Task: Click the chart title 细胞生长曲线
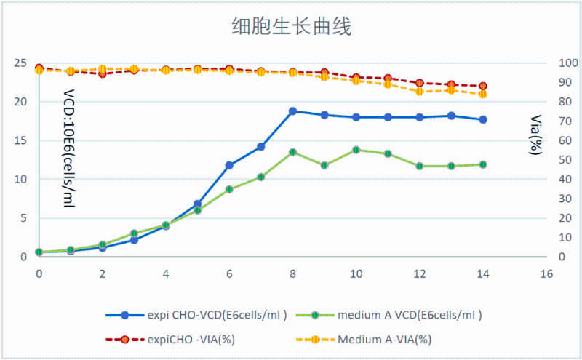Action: coord(291,28)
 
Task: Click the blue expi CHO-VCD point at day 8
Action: coord(292,111)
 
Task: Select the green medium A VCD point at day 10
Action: coord(356,150)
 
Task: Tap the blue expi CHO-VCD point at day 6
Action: coord(229,165)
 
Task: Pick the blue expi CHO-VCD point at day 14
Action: coord(483,119)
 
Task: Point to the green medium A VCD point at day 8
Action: coord(292,152)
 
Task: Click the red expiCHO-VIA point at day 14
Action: coord(483,86)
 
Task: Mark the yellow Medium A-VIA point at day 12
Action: coord(420,91)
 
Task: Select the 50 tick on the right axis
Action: coord(565,160)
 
